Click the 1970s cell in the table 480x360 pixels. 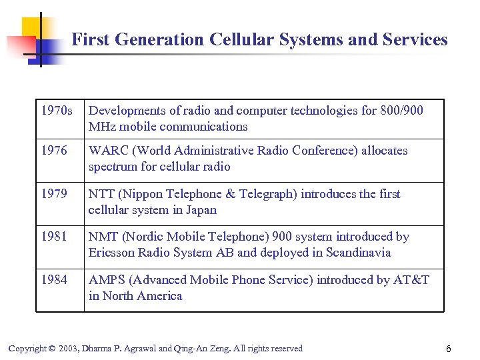tap(57, 111)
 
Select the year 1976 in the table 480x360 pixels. tap(54, 151)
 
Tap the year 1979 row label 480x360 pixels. tap(54, 194)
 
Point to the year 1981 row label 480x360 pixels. tap(54, 237)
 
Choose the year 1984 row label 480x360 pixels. tap(54, 280)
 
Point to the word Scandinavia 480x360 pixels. tap(359, 253)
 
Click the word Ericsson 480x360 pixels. tap(112, 253)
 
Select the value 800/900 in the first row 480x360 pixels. tap(402, 111)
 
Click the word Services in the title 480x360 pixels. tap(415, 40)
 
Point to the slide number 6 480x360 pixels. tap(449, 349)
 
